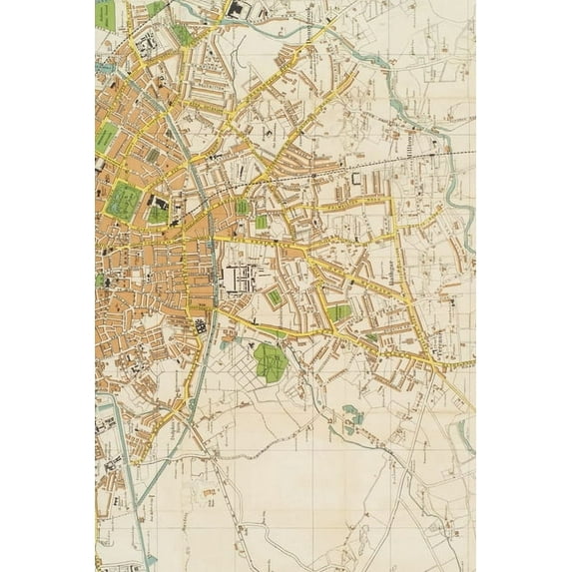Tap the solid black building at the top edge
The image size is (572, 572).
coord(238,9)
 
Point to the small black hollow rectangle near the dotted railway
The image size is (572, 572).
coord(355,178)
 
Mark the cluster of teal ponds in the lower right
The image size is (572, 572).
coord(351,414)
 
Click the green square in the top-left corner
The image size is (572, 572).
coord(105,12)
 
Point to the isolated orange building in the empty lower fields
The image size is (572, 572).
coord(207,492)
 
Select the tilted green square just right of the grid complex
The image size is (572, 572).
coord(275,296)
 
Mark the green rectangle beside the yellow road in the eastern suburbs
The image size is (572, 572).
coord(339,312)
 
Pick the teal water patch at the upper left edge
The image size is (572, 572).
coord(100,68)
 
